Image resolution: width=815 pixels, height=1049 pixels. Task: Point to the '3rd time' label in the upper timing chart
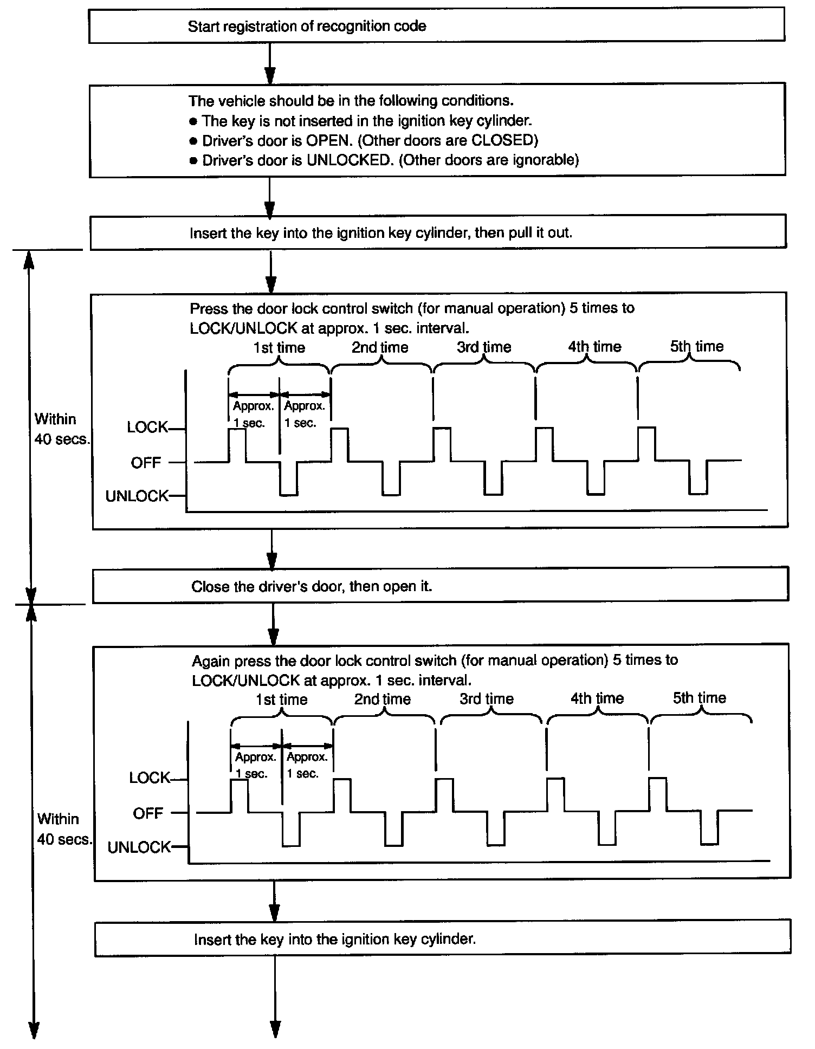click(484, 347)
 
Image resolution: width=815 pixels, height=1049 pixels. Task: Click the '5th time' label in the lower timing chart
click(699, 698)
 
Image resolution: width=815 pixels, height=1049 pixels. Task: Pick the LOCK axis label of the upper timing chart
click(147, 428)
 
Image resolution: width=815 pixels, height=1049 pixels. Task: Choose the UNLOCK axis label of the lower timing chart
click(139, 847)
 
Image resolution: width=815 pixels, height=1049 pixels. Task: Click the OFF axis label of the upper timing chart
click(146, 463)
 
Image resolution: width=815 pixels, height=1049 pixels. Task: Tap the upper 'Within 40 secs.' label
click(61, 429)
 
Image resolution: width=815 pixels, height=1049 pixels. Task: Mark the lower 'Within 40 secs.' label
click(64, 829)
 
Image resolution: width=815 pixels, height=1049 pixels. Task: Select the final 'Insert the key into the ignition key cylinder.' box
click(442, 939)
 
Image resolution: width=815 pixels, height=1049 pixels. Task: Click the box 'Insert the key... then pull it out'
click(438, 233)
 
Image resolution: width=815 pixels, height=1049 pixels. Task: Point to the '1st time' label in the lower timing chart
click(281, 700)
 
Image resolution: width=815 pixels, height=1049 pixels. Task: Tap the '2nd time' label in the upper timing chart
click(380, 347)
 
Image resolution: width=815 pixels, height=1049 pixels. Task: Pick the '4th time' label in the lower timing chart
click(597, 698)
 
